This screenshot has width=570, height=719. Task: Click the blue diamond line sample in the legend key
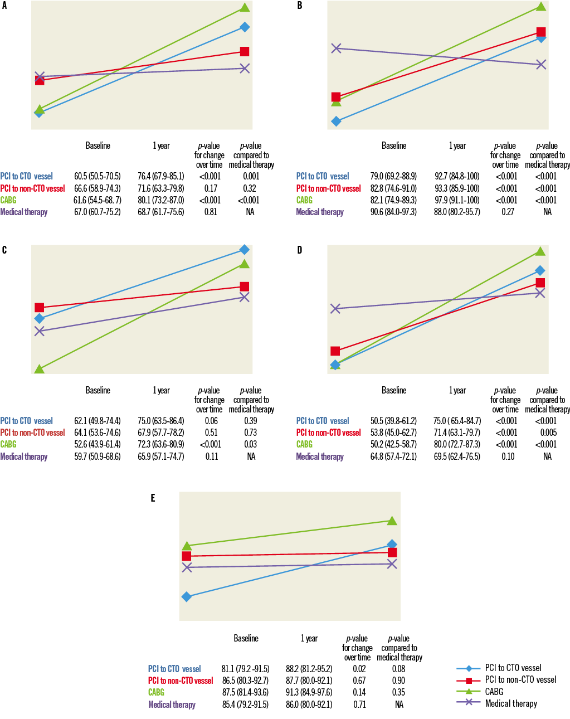[469, 668]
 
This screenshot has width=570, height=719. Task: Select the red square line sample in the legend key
[469, 681]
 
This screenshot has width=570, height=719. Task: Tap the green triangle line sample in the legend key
[469, 691]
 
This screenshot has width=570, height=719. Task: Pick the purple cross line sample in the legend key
[469, 702]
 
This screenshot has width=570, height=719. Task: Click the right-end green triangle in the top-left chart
[245, 7]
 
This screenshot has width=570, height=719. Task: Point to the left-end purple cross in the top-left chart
[40, 76]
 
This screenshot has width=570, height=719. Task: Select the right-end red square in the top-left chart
[245, 51]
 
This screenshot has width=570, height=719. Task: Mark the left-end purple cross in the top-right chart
[336, 48]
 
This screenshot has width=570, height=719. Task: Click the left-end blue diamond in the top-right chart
[336, 121]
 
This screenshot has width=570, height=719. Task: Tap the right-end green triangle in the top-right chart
[541, 6]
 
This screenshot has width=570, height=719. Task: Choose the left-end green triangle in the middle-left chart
[40, 369]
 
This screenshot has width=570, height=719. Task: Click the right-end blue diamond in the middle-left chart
[245, 249]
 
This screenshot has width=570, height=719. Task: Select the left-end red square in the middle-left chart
[40, 307]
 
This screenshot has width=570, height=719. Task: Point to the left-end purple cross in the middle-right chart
[335, 308]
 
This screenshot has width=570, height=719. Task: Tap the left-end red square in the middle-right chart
[335, 351]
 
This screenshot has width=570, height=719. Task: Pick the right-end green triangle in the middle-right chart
[540, 251]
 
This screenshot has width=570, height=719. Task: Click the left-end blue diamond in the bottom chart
[187, 596]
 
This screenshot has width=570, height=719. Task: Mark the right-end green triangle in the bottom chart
[392, 521]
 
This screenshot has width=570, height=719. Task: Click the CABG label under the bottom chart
[157, 692]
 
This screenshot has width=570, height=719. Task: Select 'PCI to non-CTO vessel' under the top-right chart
[329, 188]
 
